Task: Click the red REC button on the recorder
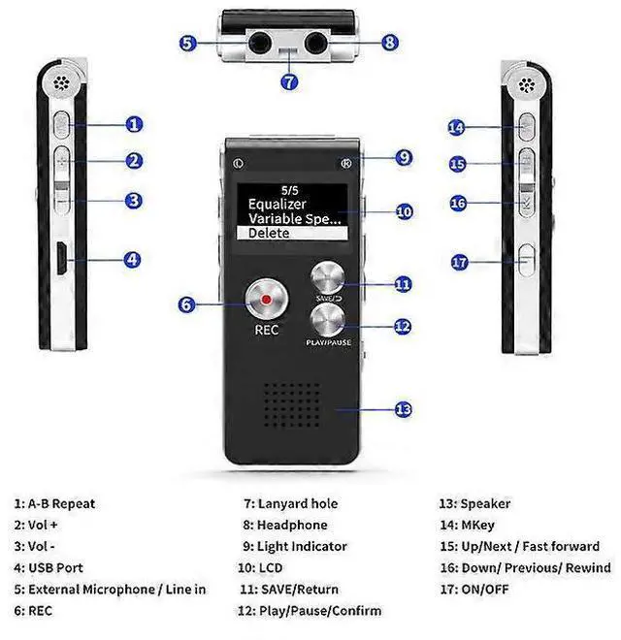click(267, 301)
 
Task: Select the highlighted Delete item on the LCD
click(291, 234)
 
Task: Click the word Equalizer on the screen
click(278, 204)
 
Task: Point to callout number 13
click(405, 409)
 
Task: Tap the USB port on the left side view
click(60, 259)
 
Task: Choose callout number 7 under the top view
click(289, 81)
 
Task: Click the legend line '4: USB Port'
click(49, 567)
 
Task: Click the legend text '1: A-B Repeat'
click(54, 503)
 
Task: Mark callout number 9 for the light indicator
click(405, 157)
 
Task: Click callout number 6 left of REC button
click(187, 304)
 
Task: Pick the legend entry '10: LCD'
click(260, 567)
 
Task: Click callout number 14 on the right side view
click(457, 128)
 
